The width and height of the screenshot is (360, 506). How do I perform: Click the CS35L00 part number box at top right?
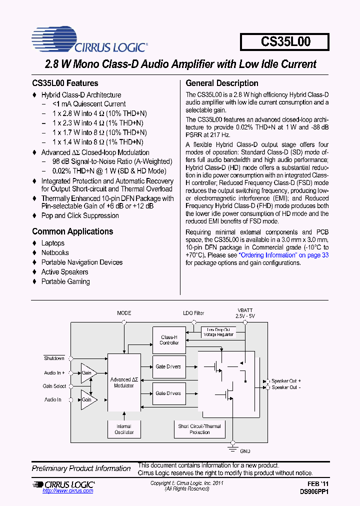(285, 42)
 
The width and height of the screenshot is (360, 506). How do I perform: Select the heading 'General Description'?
(222, 83)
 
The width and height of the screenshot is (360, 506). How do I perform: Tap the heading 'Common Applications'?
(72, 231)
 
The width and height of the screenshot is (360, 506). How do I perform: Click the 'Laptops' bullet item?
(53, 243)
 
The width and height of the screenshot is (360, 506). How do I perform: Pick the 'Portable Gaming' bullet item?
(65, 281)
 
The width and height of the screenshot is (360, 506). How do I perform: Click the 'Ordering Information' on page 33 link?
(283, 254)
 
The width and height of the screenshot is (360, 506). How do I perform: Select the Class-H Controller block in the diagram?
(169, 340)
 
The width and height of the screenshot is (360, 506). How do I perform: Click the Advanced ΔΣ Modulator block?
(124, 383)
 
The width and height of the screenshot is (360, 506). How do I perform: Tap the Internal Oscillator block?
(124, 429)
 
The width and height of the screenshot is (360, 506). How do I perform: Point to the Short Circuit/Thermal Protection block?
(200, 429)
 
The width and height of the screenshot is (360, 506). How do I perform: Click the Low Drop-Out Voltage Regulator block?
(217, 332)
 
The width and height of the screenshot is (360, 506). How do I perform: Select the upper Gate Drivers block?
(169, 366)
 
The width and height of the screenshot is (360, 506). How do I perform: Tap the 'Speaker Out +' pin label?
(286, 381)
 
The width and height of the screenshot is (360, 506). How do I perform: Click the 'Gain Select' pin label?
(54, 386)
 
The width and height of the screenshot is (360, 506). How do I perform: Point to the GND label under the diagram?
(245, 451)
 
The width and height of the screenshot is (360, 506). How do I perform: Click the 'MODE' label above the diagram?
(124, 313)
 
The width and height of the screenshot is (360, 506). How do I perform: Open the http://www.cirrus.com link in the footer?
(68, 491)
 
